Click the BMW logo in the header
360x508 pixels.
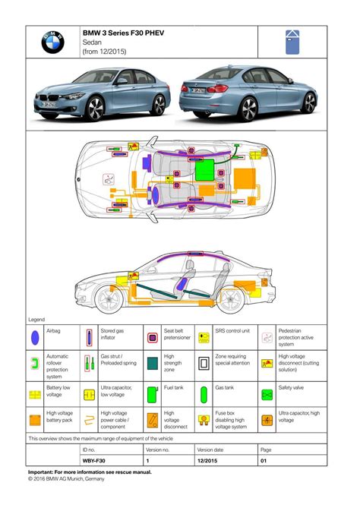tap(52, 43)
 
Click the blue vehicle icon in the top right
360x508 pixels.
tap(292, 42)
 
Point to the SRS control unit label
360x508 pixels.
tap(232, 332)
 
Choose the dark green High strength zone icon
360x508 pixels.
tap(151, 364)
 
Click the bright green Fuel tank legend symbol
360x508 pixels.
tap(151, 394)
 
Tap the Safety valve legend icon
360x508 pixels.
tap(267, 394)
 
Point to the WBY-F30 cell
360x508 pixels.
tap(94, 461)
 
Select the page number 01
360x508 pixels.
tap(265, 461)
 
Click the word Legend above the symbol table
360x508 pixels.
tap(36, 320)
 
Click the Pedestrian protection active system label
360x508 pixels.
tap(293, 338)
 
